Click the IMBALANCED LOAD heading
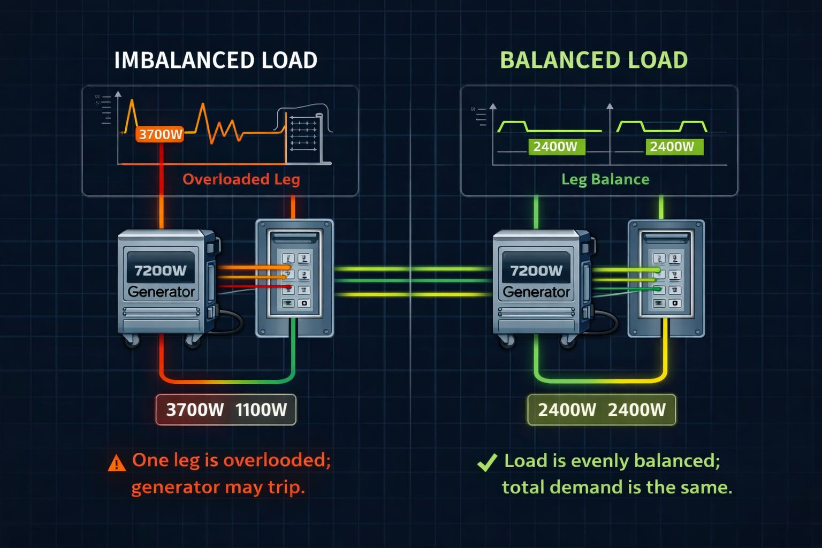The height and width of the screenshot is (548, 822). point(216,60)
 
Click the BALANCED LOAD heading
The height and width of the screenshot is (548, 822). point(593,60)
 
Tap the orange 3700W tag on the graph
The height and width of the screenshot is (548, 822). point(160,134)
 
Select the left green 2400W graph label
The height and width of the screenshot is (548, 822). point(555,147)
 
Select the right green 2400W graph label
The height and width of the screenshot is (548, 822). point(672,147)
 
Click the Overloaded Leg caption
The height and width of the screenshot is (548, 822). point(241,179)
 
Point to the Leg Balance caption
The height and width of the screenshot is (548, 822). point(605,179)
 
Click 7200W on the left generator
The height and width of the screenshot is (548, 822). point(160,270)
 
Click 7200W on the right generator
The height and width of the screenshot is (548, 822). point(536,271)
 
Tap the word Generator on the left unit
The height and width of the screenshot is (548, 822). point(161,292)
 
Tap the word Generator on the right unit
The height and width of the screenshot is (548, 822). point(536,292)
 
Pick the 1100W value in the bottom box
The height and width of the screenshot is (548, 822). point(261,410)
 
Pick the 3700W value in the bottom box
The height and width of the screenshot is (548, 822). point(195,410)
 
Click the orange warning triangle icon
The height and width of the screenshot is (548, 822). point(117,463)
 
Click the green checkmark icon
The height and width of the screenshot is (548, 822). point(487,462)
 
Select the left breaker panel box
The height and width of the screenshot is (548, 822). point(294,278)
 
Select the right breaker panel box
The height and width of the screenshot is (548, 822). point(666,278)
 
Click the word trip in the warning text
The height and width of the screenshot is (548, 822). point(288,487)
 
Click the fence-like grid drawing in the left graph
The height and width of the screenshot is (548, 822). point(303,136)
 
